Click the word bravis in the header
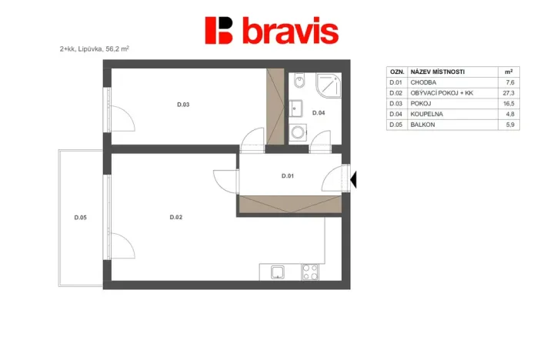[x=290, y=32]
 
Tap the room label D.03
[x=183, y=105]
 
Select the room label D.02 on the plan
[x=176, y=217]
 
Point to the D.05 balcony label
[x=80, y=217]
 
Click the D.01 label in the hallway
[x=288, y=176]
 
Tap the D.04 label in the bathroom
[x=318, y=113]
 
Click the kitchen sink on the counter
[x=276, y=271]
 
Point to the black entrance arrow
[x=355, y=179]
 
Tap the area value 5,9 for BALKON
[x=508, y=124]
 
